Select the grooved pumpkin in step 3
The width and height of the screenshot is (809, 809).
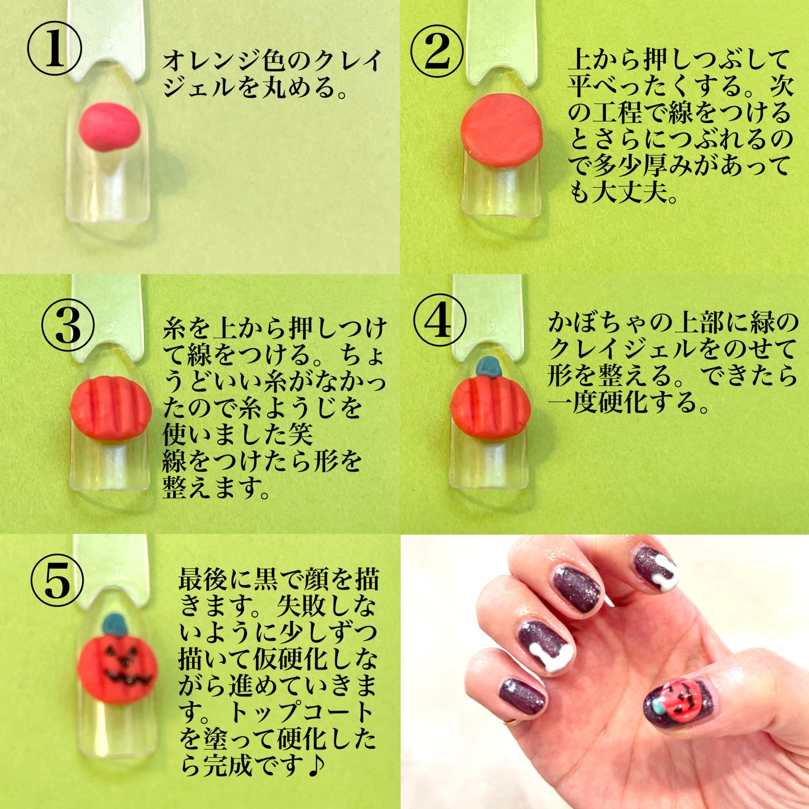tap(110, 408)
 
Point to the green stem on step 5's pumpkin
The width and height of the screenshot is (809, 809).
tap(115, 625)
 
